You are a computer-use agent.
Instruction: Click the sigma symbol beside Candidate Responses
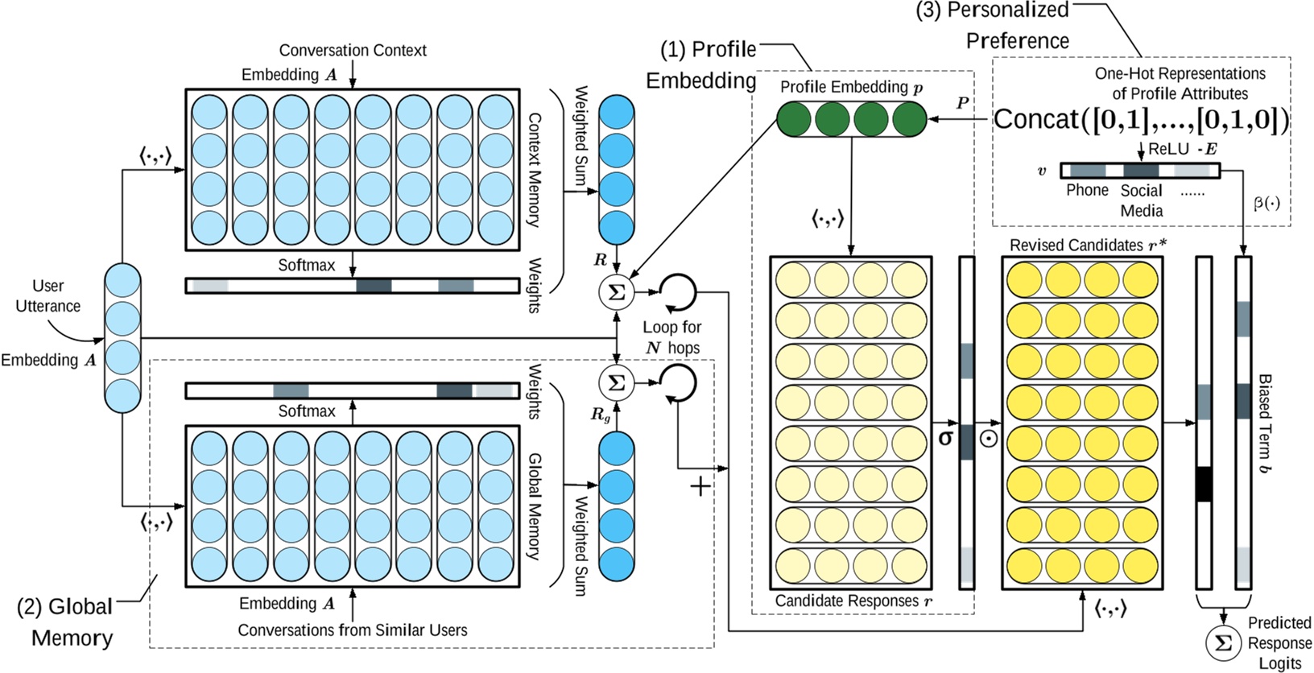(945, 438)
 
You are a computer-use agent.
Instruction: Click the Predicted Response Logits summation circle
(1223, 643)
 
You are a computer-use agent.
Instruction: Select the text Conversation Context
(353, 50)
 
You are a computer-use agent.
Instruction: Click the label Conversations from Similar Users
(352, 630)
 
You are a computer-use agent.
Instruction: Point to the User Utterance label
(48, 295)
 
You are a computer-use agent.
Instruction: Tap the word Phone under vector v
(1087, 190)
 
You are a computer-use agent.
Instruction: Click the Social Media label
(1141, 200)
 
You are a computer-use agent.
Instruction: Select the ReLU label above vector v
(1167, 149)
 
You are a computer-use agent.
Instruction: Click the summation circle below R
(617, 292)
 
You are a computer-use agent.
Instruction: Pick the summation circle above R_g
(617, 382)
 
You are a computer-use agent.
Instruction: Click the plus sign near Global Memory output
(700, 486)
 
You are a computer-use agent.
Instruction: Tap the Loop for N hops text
(672, 337)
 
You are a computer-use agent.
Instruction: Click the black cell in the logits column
(1204, 484)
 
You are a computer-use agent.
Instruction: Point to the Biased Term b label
(1265, 423)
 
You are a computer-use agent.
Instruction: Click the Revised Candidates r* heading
(1086, 245)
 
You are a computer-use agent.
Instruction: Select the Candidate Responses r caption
(853, 601)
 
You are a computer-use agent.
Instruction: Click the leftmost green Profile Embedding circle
(794, 120)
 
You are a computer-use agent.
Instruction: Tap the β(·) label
(1266, 203)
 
